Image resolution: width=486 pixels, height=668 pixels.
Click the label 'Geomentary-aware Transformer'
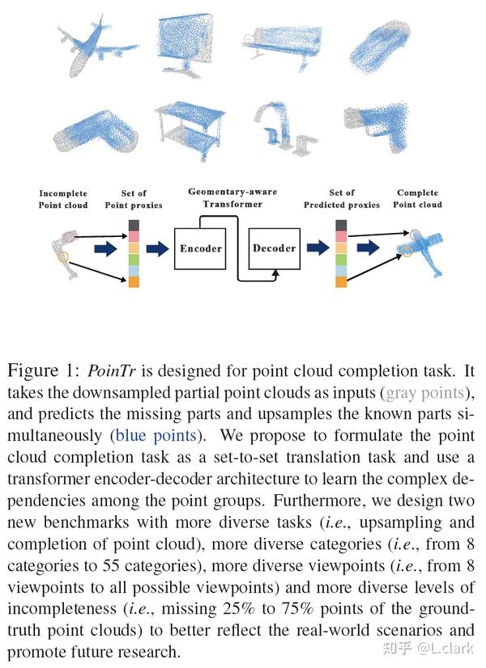tap(232, 197)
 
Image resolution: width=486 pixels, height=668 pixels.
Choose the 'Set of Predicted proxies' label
tap(342, 199)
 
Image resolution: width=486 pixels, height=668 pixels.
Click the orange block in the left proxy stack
tap(134, 281)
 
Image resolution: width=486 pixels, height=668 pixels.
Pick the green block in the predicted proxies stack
tap(341, 259)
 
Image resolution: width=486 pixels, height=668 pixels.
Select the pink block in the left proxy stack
tap(134, 236)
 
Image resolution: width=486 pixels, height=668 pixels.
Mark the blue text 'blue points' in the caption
tap(155, 436)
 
